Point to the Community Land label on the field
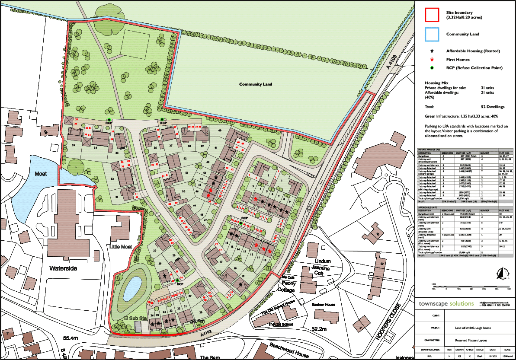pyautogui.click(x=256, y=84)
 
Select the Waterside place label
pyautogui.click(x=63, y=268)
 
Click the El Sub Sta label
pyautogui.click(x=133, y=319)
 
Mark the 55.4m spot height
pyautogui.click(x=72, y=337)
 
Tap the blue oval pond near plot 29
pyautogui.click(x=132, y=286)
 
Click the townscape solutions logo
pyautogui.click(x=446, y=304)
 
